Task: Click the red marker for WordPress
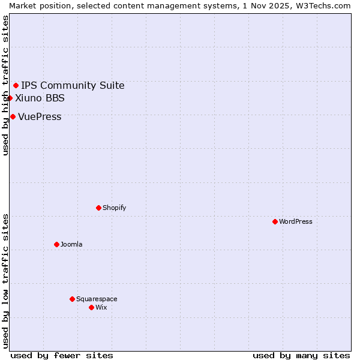[x=275, y=221]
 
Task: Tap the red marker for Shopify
[x=98, y=208]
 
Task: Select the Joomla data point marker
[x=56, y=244]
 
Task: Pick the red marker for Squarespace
[x=72, y=299]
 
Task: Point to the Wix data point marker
[x=91, y=307]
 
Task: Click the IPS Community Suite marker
[x=16, y=85]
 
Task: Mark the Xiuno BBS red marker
[x=10, y=98]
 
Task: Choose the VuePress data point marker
[x=13, y=116]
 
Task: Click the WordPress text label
[x=296, y=221]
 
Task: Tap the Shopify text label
[x=114, y=208]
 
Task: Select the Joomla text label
[x=71, y=244]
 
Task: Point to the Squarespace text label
[x=97, y=299]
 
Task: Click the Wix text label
[x=101, y=307]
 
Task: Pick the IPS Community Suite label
[x=73, y=85]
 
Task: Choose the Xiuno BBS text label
[x=40, y=98]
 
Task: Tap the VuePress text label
[x=40, y=116]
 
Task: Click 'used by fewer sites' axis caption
[x=62, y=355]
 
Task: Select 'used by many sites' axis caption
[x=301, y=355]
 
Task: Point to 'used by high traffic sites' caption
[x=5, y=85]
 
